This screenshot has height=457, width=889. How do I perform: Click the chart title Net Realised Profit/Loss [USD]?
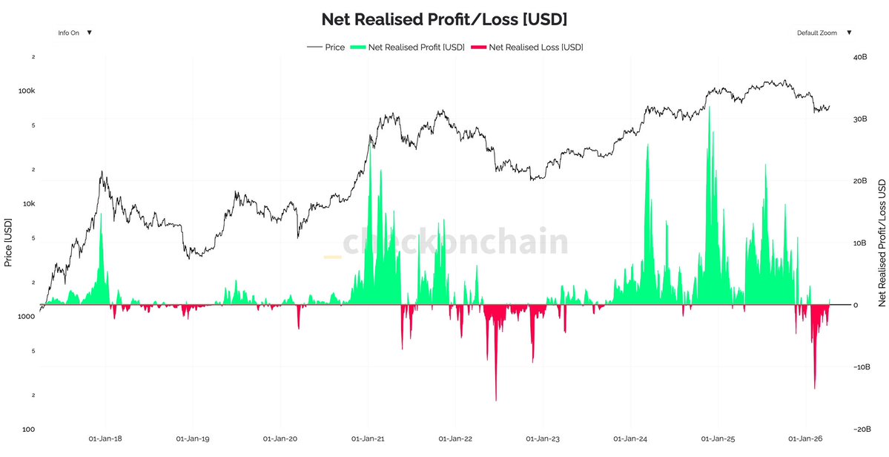pos(444,18)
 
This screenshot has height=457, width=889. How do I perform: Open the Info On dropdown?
pos(75,33)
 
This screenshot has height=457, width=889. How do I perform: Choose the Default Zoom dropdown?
pos(824,33)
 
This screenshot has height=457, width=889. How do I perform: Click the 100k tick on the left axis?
pos(27,91)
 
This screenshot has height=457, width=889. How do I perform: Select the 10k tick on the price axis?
pos(28,203)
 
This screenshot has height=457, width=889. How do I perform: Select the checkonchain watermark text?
pos(455,243)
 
